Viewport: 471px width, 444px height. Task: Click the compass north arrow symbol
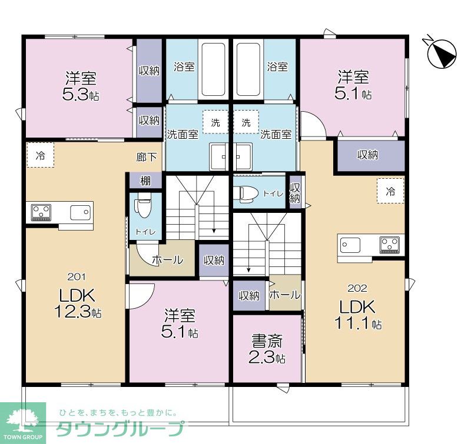pos(442,53)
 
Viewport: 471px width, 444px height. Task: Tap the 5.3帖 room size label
pos(81,94)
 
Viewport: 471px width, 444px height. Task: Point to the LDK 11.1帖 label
pos(358,315)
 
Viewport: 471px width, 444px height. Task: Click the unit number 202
pos(357,288)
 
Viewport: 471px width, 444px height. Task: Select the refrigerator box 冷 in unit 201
pos(40,156)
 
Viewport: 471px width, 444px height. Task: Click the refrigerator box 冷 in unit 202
pos(390,191)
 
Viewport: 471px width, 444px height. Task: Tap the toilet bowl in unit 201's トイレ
pos(142,207)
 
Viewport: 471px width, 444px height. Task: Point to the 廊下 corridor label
pos(147,157)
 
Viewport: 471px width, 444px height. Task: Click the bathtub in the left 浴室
pos(213,69)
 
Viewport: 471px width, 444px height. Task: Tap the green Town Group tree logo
pos(23,419)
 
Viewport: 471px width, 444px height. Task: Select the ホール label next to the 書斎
pos(285,295)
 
